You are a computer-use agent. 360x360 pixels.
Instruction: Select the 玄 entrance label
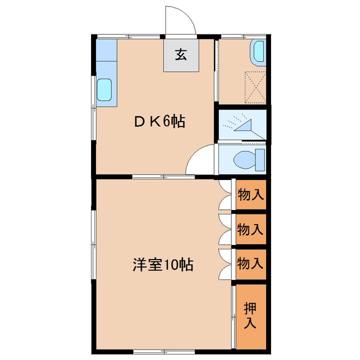[181, 55]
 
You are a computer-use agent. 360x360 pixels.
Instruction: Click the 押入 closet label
[250, 316]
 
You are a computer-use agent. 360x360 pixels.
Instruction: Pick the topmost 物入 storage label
[250, 194]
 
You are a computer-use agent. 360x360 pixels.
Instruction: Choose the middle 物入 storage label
[250, 229]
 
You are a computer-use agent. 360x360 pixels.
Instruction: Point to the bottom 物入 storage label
[250, 263]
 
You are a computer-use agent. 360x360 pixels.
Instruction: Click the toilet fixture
[247, 159]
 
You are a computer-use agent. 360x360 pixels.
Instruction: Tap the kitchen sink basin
[105, 91]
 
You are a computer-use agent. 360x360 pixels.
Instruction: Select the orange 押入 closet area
[250, 316]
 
